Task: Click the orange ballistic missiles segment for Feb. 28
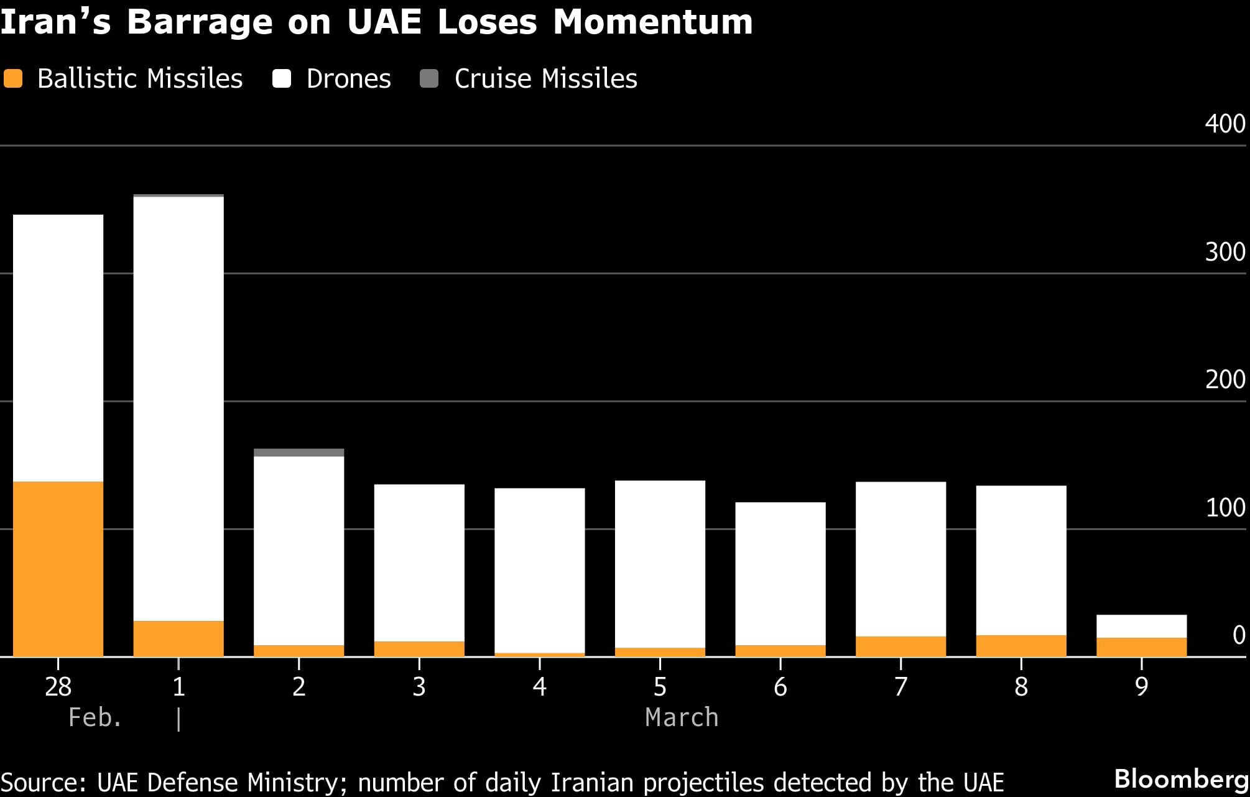click(x=58, y=569)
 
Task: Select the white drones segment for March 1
click(x=178, y=408)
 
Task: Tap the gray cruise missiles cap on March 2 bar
click(x=299, y=452)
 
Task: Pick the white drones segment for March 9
click(x=1141, y=626)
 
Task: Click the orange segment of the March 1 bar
click(x=178, y=638)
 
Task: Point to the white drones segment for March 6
click(x=780, y=573)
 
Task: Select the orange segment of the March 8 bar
click(x=1021, y=645)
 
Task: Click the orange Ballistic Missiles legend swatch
click(x=13, y=79)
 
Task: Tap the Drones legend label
click(x=348, y=79)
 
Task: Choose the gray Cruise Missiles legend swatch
click(x=429, y=79)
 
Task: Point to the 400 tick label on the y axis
click(x=1225, y=124)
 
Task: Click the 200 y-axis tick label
click(x=1225, y=380)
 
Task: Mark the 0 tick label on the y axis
click(x=1238, y=635)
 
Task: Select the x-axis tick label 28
click(x=58, y=687)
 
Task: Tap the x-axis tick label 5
click(x=660, y=687)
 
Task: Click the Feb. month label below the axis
click(x=95, y=717)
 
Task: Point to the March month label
click(x=682, y=717)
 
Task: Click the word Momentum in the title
click(x=652, y=22)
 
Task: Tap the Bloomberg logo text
click(x=1181, y=778)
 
